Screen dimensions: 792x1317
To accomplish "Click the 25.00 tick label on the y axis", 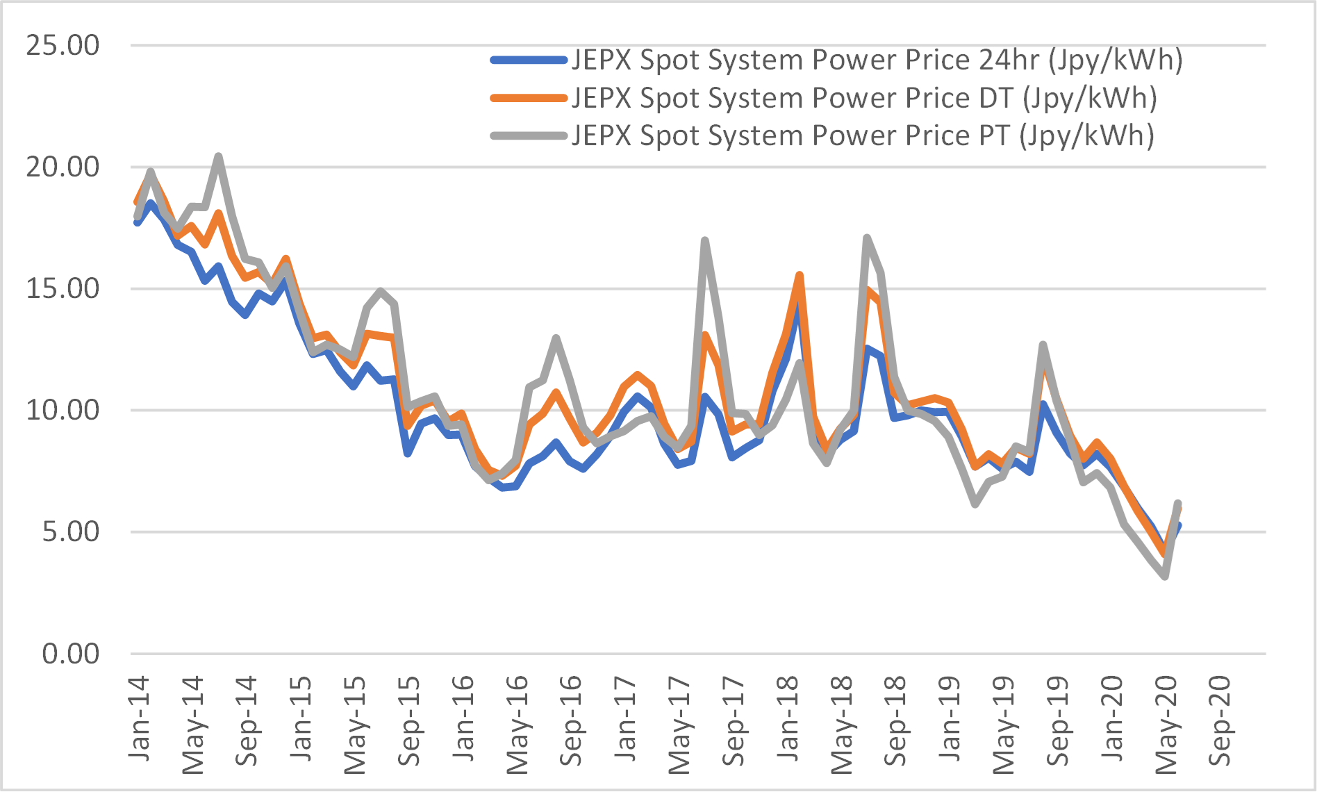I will tap(63, 46).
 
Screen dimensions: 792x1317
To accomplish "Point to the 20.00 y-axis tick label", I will tap(63, 167).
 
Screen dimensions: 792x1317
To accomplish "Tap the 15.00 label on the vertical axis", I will tap(63, 289).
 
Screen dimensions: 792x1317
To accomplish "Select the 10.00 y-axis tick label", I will tap(63, 411).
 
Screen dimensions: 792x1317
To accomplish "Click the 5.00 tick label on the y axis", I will tap(70, 532).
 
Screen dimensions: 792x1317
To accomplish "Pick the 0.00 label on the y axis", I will tap(70, 654).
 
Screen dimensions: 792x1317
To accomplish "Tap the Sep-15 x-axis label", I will tap(409, 721).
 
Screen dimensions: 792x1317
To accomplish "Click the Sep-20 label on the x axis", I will tap(1220, 721).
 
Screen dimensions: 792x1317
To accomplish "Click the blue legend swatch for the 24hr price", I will tap(529, 60).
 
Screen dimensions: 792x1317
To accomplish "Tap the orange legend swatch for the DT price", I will tap(529, 98).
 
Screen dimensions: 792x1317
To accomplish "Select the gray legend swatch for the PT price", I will tap(529, 135).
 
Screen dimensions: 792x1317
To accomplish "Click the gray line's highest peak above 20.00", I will tap(218, 156).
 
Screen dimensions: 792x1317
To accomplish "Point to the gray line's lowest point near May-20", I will tap(1165, 577).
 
